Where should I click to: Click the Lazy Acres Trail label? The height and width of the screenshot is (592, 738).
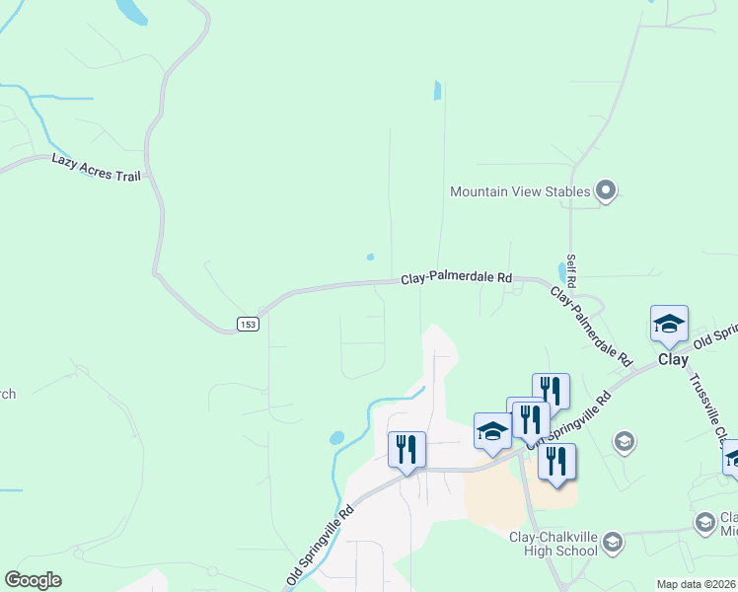pos(96,167)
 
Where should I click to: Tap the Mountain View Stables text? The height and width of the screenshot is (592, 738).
pos(520,191)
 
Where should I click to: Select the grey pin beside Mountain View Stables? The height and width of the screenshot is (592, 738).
pos(606,190)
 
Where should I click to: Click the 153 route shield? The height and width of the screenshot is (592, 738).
pos(248,325)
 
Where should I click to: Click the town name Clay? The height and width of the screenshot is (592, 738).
pos(674,360)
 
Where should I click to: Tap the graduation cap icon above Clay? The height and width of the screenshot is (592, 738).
pos(669,325)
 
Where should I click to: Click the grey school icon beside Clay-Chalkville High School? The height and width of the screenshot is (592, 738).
pos(612,542)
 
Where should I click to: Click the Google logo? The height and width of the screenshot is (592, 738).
pos(33,580)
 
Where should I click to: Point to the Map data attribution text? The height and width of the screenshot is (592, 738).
pos(697,584)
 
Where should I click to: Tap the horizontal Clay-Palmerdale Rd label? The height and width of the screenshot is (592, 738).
pos(457,279)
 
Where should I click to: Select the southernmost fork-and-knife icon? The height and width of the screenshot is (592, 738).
pos(556,461)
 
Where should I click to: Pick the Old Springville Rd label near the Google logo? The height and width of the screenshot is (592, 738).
pos(320,546)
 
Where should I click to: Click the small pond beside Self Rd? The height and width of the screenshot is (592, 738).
pos(561,270)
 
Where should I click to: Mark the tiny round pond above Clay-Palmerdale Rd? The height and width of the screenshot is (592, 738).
pos(370,258)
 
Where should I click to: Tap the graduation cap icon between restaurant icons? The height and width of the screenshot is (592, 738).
pos(492,430)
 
